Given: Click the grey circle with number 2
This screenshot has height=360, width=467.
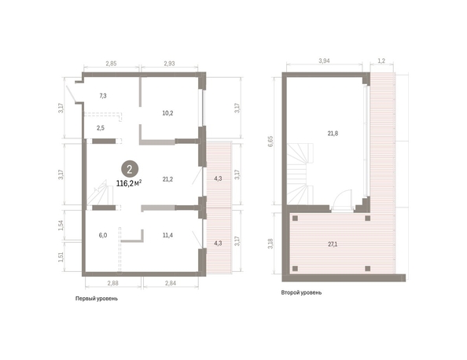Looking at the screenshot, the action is coord(130,169).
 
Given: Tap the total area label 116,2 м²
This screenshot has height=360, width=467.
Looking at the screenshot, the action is coord(129,183).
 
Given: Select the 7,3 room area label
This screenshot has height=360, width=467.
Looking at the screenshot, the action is coord(103,96).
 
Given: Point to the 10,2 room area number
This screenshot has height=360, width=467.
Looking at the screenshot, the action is coord(167,113).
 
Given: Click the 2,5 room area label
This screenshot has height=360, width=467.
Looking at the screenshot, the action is coord(101,128).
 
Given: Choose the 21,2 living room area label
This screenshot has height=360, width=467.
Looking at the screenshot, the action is coord(167,179).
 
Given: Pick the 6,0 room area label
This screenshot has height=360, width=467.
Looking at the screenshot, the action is coord(103,235).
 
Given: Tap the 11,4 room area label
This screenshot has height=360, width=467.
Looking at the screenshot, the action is coord(167,235).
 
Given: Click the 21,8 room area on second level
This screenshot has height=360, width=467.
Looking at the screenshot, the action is coord(333,134).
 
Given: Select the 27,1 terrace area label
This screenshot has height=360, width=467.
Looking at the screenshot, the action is coord(333,244).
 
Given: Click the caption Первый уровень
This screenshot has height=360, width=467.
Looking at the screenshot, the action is coord(97,299).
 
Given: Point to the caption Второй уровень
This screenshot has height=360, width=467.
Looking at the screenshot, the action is coord(301,292).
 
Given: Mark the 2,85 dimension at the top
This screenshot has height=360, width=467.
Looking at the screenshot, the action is coord(111,64).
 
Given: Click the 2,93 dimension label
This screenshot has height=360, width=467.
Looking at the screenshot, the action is coord(169,64).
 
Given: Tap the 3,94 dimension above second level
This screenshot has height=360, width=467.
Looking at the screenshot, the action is coord(325,61).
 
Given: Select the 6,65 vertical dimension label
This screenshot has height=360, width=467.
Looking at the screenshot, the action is coord(270,141).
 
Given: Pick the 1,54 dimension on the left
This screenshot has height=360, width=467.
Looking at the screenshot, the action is coord(61,226).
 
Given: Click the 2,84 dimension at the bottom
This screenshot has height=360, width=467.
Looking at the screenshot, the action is coord(171,283).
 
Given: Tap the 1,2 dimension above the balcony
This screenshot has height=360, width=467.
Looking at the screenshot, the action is coord(381,61).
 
